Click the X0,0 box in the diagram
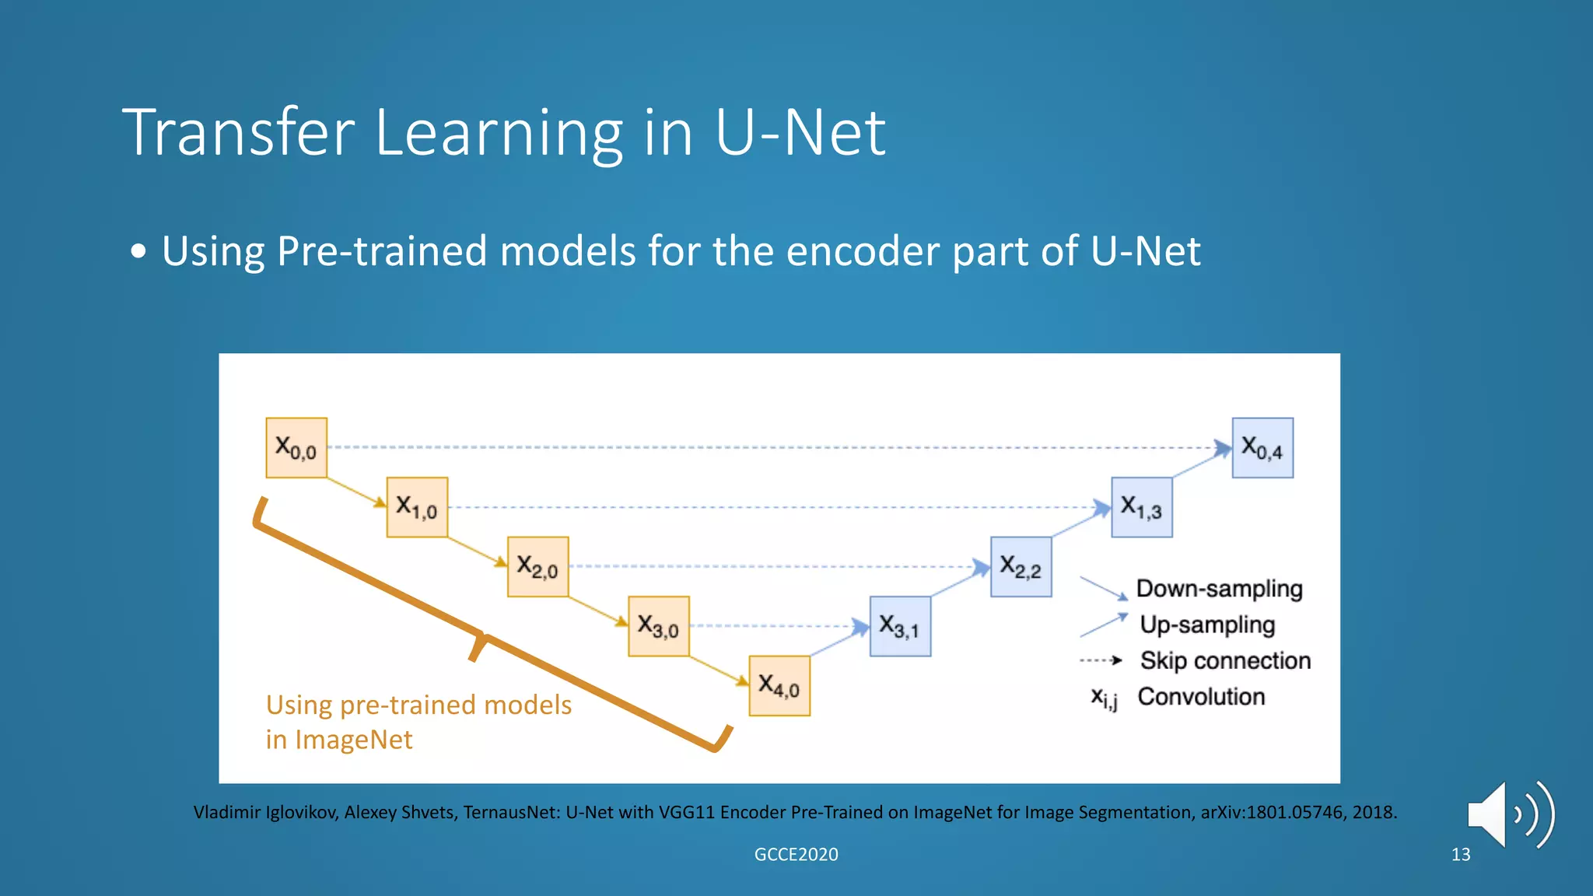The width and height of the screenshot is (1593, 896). (296, 448)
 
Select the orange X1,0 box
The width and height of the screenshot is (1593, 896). (417, 507)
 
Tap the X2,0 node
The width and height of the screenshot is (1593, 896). (537, 567)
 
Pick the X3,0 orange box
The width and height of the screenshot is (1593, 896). (658, 626)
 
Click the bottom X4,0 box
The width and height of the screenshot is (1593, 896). (779, 685)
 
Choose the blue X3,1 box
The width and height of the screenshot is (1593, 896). (900, 626)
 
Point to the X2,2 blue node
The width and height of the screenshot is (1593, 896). (1021, 567)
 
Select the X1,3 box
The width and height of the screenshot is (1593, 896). (1141, 507)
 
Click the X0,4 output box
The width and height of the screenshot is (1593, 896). (1262, 448)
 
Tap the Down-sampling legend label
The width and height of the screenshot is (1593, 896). (1219, 589)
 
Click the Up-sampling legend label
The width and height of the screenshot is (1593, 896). (1207, 625)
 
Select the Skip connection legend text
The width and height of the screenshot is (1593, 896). (1225, 660)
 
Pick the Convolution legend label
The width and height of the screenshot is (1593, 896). (1201, 696)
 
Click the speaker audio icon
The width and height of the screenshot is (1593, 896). (1509, 814)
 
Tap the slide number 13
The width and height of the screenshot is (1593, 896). (1461, 854)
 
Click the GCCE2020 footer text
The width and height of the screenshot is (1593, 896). (796, 854)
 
